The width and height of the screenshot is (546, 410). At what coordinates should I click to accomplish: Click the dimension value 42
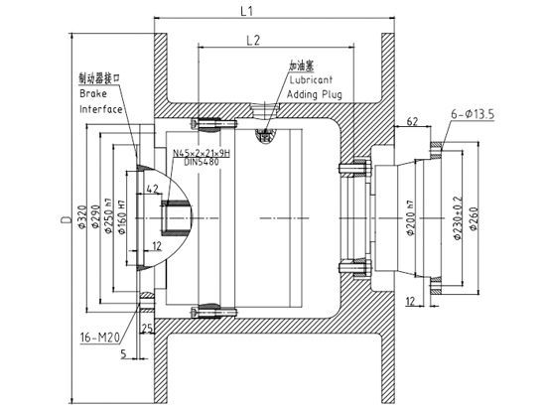[x=151, y=188]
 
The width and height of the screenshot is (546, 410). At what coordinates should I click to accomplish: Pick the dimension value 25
[x=145, y=329]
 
